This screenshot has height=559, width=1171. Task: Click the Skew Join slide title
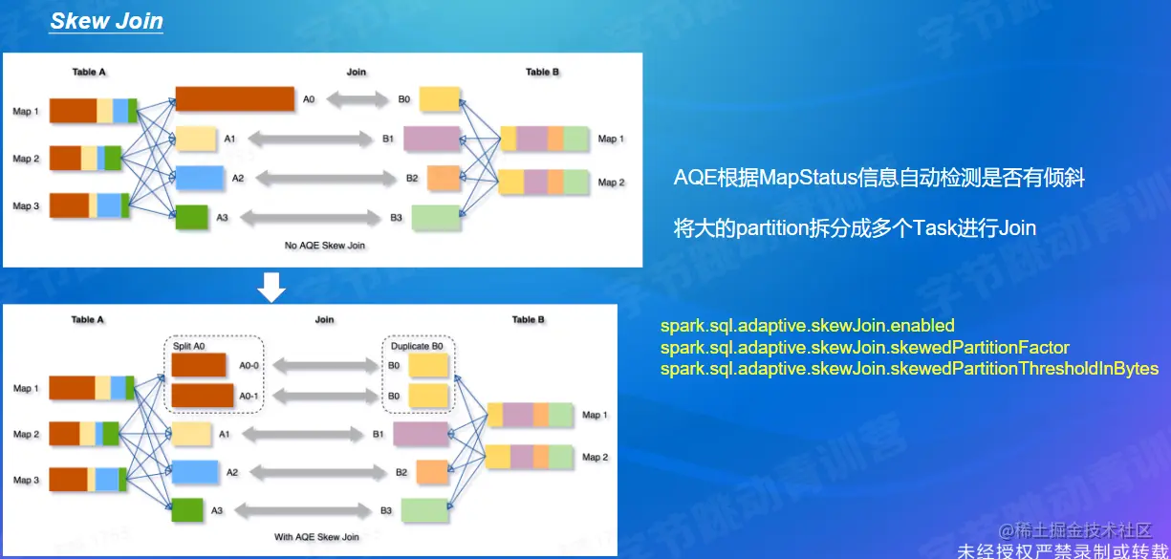point(106,21)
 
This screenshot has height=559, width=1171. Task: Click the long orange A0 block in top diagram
point(234,98)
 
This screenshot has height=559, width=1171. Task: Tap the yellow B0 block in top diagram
point(440,99)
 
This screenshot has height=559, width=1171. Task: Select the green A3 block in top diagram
point(191,218)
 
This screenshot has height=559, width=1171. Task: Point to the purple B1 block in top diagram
point(432,140)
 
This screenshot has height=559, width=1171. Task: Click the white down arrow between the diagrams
point(272,287)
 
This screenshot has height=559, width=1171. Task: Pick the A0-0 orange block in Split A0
point(199,365)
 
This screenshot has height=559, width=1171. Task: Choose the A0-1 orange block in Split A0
point(203,395)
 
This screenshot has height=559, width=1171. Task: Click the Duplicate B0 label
point(417,345)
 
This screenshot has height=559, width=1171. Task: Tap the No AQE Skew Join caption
point(325,246)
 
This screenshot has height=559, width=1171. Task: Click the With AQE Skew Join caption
point(316,537)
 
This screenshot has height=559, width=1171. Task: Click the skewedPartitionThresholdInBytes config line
point(909,369)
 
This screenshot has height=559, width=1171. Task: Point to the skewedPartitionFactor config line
point(864,348)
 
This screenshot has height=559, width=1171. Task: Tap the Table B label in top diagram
point(542,72)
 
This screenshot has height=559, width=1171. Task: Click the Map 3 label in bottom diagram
point(26,480)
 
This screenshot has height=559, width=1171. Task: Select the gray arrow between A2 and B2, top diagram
point(325,179)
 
